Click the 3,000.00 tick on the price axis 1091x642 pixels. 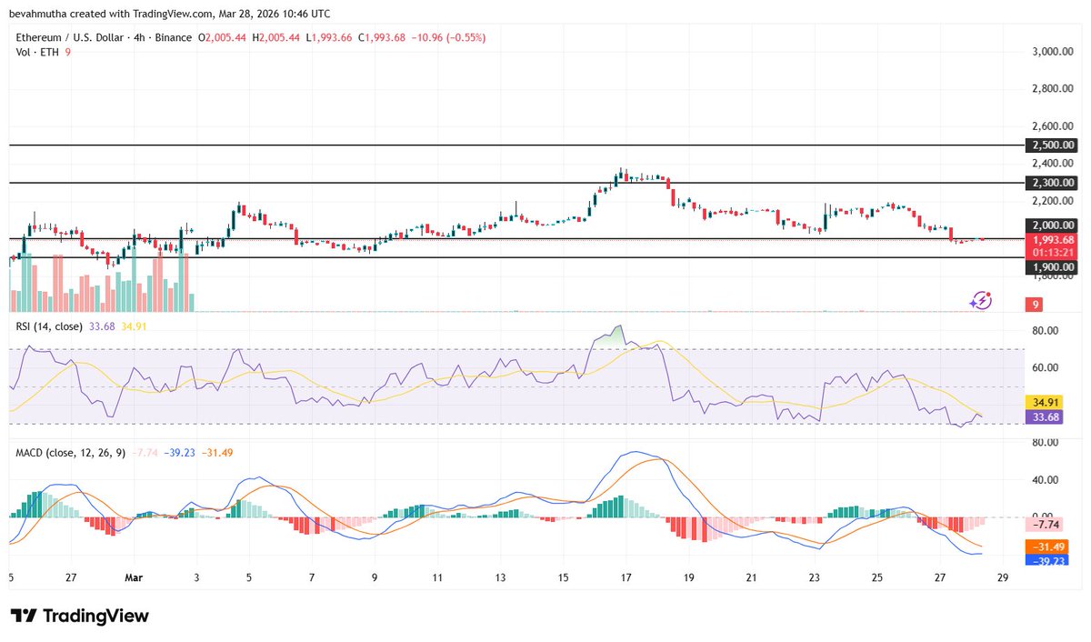tap(1052, 52)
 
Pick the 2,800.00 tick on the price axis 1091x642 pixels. tap(1052, 89)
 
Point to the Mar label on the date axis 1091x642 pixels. tap(134, 577)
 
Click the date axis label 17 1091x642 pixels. tap(626, 577)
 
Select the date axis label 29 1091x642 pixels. tap(1003, 577)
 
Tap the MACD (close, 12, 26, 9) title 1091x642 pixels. tap(69, 452)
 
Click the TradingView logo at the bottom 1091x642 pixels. tap(79, 616)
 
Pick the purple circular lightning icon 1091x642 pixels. tap(980, 300)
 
